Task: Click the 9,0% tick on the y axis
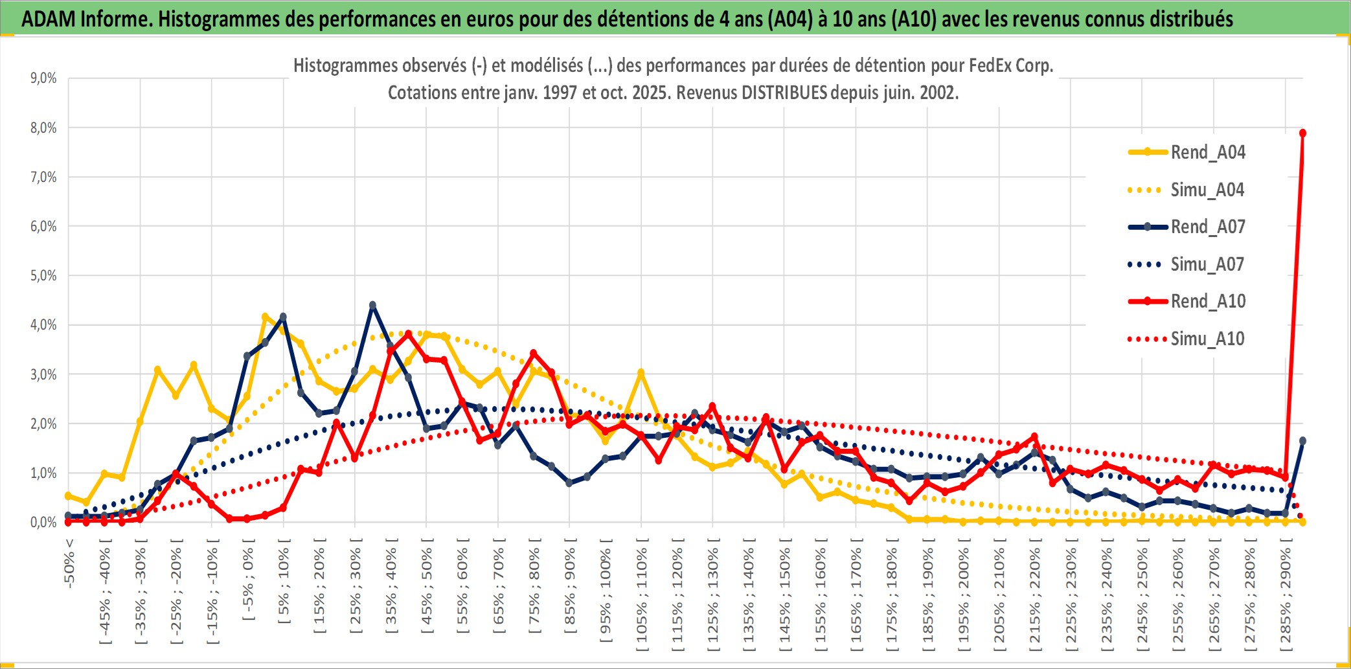pyautogui.click(x=43, y=78)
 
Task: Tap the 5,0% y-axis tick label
pyautogui.click(x=43, y=276)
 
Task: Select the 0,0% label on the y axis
pyautogui.click(x=43, y=523)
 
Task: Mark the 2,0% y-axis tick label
pyautogui.click(x=43, y=424)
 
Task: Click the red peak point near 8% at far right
pyautogui.click(x=1302, y=133)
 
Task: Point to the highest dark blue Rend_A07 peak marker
pyautogui.click(x=372, y=305)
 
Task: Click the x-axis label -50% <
pyautogui.click(x=69, y=563)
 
